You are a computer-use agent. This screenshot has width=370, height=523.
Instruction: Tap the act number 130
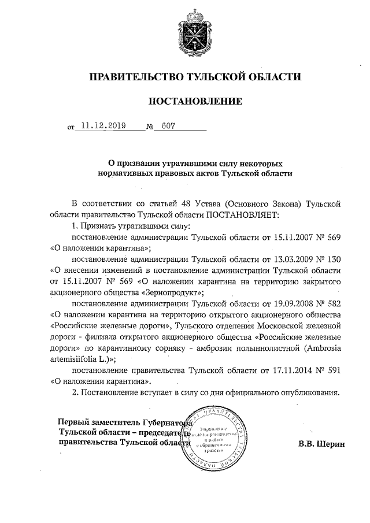(x=331, y=259)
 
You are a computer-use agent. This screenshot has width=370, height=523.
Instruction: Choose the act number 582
(x=331, y=303)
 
